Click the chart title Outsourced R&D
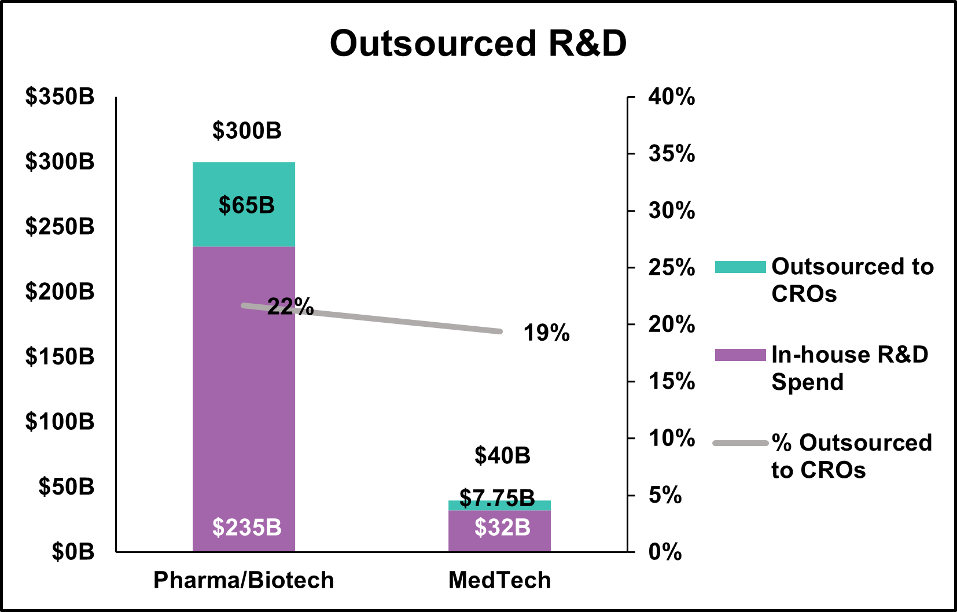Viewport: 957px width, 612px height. (478, 43)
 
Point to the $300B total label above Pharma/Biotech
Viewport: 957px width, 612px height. (246, 131)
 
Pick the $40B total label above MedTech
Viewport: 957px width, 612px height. (502, 456)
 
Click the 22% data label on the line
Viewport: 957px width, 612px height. (290, 307)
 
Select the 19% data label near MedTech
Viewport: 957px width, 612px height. (546, 333)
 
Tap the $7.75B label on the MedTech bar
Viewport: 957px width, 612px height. (497, 498)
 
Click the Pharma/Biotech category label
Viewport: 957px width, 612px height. (244, 580)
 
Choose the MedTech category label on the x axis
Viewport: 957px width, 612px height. (499, 580)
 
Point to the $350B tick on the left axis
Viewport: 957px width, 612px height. (60, 97)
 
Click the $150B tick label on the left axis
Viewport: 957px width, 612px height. (60, 356)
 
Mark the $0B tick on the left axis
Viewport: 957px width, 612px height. (73, 552)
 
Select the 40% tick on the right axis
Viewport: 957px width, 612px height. (671, 97)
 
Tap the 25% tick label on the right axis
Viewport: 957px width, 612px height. (671, 267)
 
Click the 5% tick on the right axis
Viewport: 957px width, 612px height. (665, 495)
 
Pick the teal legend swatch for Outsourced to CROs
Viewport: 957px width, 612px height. (740, 267)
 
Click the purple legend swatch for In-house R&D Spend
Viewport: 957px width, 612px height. (740, 355)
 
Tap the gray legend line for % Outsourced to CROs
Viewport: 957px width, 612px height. (740, 443)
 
